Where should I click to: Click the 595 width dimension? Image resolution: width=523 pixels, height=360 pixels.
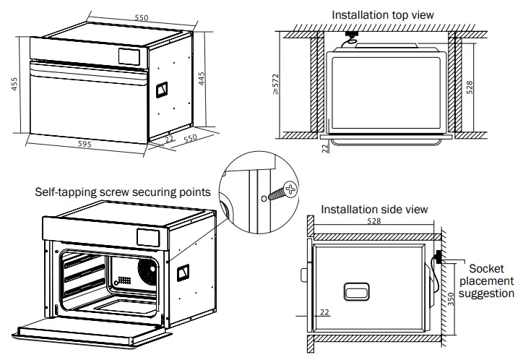click(x=85, y=144)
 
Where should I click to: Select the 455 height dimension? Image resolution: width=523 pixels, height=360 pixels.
click(x=14, y=85)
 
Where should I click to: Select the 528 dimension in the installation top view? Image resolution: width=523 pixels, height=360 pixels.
click(x=470, y=87)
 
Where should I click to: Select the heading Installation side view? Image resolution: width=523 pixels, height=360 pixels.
click(x=374, y=209)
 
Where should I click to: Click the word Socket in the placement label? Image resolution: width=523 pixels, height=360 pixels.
click(x=486, y=268)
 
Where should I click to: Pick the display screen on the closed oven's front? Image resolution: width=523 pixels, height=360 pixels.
click(x=130, y=54)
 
